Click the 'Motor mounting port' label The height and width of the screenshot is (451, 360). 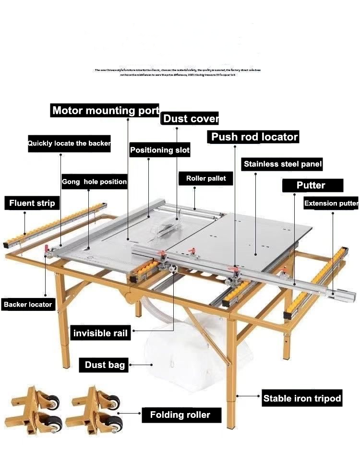tap(105, 110)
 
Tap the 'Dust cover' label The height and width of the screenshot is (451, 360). tap(191, 119)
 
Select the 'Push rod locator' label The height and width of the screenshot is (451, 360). tap(254, 137)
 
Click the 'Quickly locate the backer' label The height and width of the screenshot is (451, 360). tap(69, 143)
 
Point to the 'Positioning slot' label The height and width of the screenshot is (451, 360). tap(160, 150)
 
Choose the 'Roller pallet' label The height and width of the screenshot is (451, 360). tap(206, 178)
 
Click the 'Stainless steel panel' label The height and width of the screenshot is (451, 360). tap(283, 164)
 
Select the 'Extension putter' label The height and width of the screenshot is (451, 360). tap(331, 203)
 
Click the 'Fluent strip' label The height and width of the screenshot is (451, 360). tap(32, 203)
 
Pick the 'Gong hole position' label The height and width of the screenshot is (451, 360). tap(94, 182)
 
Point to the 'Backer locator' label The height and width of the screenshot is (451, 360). tap(28, 304)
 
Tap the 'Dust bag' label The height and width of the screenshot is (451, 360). tap(105, 365)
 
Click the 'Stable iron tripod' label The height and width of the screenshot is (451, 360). tap(302, 398)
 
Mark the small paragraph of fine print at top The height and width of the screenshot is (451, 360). tap(178, 72)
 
